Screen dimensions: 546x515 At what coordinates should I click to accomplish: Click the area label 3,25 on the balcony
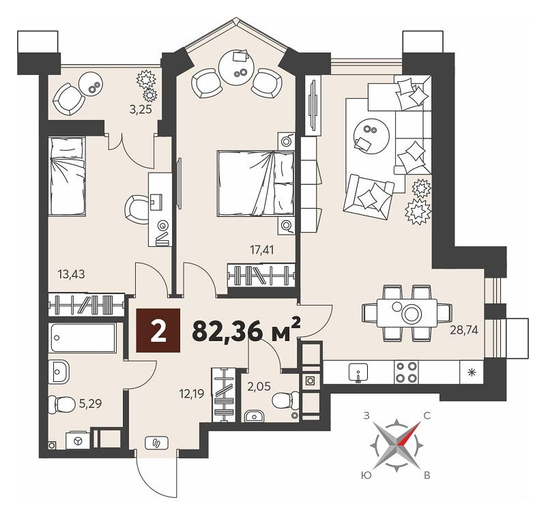pos(141,110)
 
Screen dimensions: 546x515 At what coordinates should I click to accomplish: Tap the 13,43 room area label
pos(72,274)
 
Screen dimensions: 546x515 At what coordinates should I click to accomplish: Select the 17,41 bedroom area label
pos(262,250)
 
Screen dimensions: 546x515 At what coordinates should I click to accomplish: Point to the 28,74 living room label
pos(464,329)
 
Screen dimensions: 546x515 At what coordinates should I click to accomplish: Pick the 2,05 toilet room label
pos(259,386)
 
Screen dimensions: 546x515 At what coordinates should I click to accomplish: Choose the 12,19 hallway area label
pos(192,394)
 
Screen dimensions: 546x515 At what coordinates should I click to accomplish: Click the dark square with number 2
pos(158,331)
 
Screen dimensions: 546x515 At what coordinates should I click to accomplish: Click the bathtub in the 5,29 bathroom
pos(83,338)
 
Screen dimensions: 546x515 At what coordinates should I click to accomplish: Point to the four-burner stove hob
pos(406,372)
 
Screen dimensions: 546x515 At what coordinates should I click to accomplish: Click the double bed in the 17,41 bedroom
pos(255,183)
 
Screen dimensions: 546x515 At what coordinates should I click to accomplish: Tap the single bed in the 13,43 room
pos(67,176)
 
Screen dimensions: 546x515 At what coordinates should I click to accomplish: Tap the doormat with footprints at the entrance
pos(156,443)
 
